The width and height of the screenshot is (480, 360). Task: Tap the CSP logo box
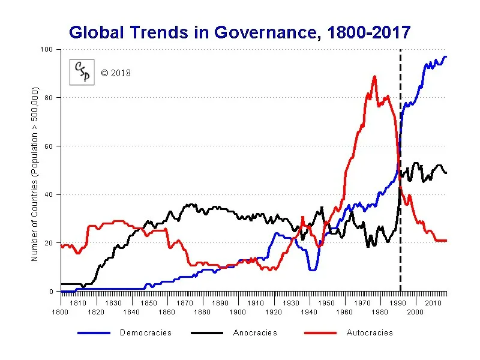81,73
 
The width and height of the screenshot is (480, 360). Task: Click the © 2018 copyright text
116,73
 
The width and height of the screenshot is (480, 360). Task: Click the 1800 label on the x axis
60,312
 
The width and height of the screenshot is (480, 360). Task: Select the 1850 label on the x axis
149,304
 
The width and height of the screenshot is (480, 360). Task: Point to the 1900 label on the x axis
238,312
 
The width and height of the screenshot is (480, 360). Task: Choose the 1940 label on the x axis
308,312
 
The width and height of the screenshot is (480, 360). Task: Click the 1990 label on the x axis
398,304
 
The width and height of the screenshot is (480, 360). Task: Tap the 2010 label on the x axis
433,304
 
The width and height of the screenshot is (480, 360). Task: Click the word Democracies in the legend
146,333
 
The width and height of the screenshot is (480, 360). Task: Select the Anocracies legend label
255,333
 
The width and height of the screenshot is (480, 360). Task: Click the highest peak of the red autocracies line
374,77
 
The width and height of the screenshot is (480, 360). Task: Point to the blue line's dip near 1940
312,269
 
